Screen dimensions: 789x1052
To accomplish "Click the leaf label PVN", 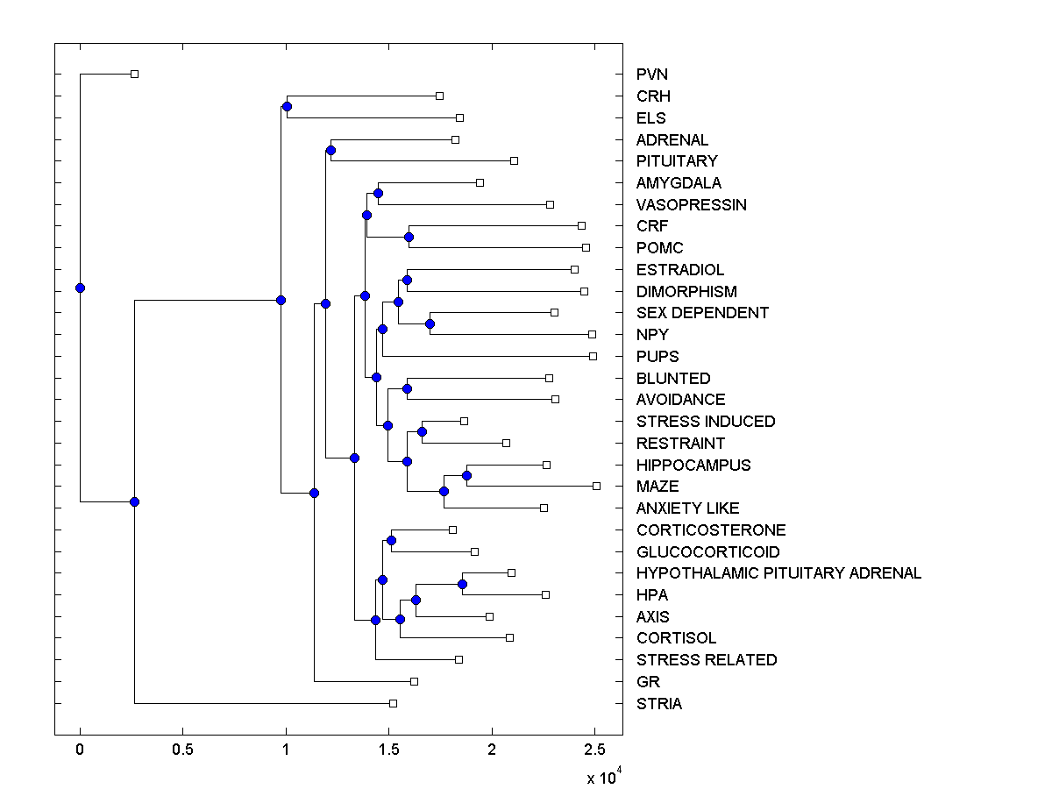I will pos(652,75).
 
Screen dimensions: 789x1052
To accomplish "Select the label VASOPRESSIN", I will pos(692,204).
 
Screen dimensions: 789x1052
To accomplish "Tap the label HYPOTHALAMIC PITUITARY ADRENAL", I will pos(778,572).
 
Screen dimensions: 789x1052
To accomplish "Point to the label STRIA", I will pos(659,703).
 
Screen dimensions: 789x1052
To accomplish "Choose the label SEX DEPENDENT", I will pos(702,312).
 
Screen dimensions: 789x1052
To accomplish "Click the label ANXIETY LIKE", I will pos(687,508).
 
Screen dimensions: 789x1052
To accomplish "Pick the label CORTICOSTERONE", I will pos(711,530).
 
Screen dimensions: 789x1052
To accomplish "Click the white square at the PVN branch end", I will pos(134,74).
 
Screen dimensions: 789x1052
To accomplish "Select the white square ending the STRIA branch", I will pos(393,703).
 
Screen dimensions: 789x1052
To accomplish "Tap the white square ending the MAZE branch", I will pos(596,486).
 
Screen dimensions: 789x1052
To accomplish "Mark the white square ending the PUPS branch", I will pos(593,356).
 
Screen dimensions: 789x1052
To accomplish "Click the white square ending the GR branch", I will pos(415,681).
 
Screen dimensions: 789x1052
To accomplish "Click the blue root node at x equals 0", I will pos(80,288).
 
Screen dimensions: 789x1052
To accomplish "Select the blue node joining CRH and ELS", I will pos(287,106).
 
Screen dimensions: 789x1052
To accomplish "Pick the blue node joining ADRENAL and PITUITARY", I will pos(331,150).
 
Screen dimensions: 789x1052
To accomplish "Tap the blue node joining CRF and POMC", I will pos(409,237).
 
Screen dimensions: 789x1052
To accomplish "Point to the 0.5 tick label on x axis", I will pos(182,750).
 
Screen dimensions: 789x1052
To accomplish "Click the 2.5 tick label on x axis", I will pos(594,750).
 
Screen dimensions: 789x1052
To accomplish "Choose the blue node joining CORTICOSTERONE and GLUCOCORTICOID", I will pos(391,540).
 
